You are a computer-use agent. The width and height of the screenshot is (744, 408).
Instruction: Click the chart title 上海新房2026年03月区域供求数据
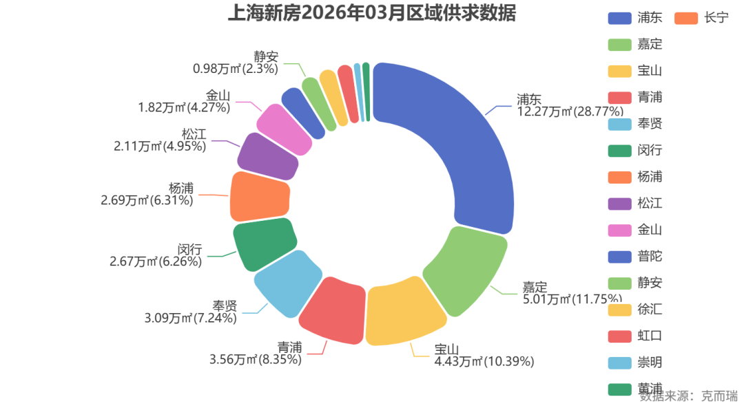371,13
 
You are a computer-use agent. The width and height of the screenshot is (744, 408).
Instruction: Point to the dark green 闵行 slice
264,244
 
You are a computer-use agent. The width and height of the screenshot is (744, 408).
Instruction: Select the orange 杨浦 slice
259,195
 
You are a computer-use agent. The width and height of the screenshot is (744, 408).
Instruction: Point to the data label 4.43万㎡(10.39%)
484,361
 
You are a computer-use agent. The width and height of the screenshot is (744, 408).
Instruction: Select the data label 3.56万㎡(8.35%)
255,359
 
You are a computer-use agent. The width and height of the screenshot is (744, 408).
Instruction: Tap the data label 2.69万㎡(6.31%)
147,200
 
